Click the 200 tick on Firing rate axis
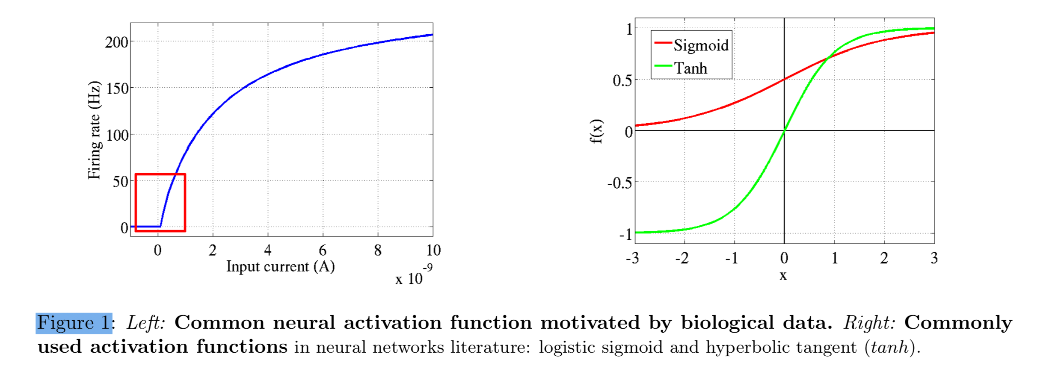point(116,42)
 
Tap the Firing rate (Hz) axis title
point(94,130)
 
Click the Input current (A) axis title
point(280,266)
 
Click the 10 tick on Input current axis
point(433,250)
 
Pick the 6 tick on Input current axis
point(323,250)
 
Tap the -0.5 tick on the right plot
point(619,183)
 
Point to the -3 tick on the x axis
point(632,258)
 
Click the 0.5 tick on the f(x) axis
point(622,80)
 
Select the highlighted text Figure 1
point(74,323)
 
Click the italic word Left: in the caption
point(146,323)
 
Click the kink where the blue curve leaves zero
point(160,226)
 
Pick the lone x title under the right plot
point(783,276)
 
